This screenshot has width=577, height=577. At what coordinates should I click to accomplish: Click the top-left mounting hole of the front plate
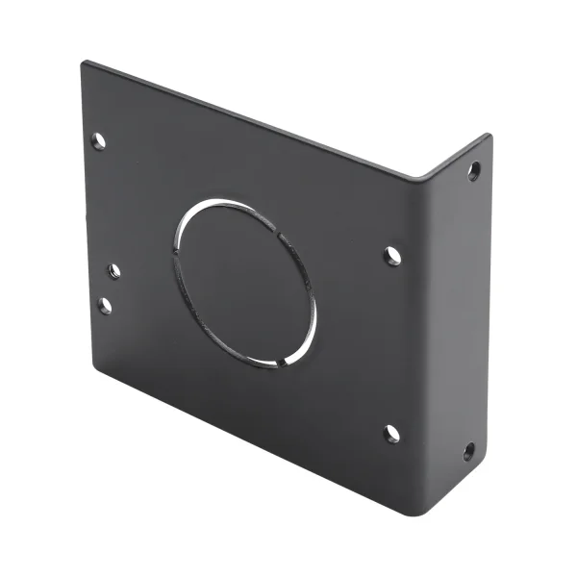click(x=98, y=140)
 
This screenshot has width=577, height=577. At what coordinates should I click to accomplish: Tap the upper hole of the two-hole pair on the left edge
click(x=113, y=271)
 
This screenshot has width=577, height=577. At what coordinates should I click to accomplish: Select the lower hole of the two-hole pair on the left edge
click(x=105, y=306)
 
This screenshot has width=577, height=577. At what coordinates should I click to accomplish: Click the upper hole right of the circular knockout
click(x=392, y=256)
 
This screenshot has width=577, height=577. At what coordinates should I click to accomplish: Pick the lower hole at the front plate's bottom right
click(x=391, y=434)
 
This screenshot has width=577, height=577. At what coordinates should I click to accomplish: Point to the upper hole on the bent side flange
click(x=474, y=171)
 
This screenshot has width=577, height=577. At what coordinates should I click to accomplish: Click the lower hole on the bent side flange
click(x=468, y=450)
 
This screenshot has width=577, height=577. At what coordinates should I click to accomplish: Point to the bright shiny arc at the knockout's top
click(x=231, y=203)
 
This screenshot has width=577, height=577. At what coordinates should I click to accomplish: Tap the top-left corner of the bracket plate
click(x=84, y=63)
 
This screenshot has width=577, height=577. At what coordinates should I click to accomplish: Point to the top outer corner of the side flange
click(x=489, y=135)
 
